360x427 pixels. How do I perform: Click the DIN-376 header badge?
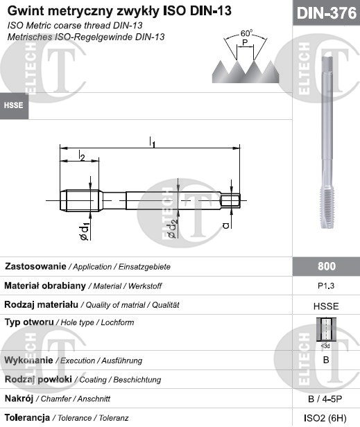326,12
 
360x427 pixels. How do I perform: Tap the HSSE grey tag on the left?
14,105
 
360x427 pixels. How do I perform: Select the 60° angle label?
246,33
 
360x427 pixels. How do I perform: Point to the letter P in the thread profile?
245,42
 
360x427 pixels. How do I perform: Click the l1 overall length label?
152,142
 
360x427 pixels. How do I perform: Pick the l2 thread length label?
81,155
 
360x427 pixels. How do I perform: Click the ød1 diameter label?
85,232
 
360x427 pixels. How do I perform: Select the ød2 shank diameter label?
173,229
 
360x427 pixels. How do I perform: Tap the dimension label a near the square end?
226,225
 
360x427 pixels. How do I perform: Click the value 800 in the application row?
327,266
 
